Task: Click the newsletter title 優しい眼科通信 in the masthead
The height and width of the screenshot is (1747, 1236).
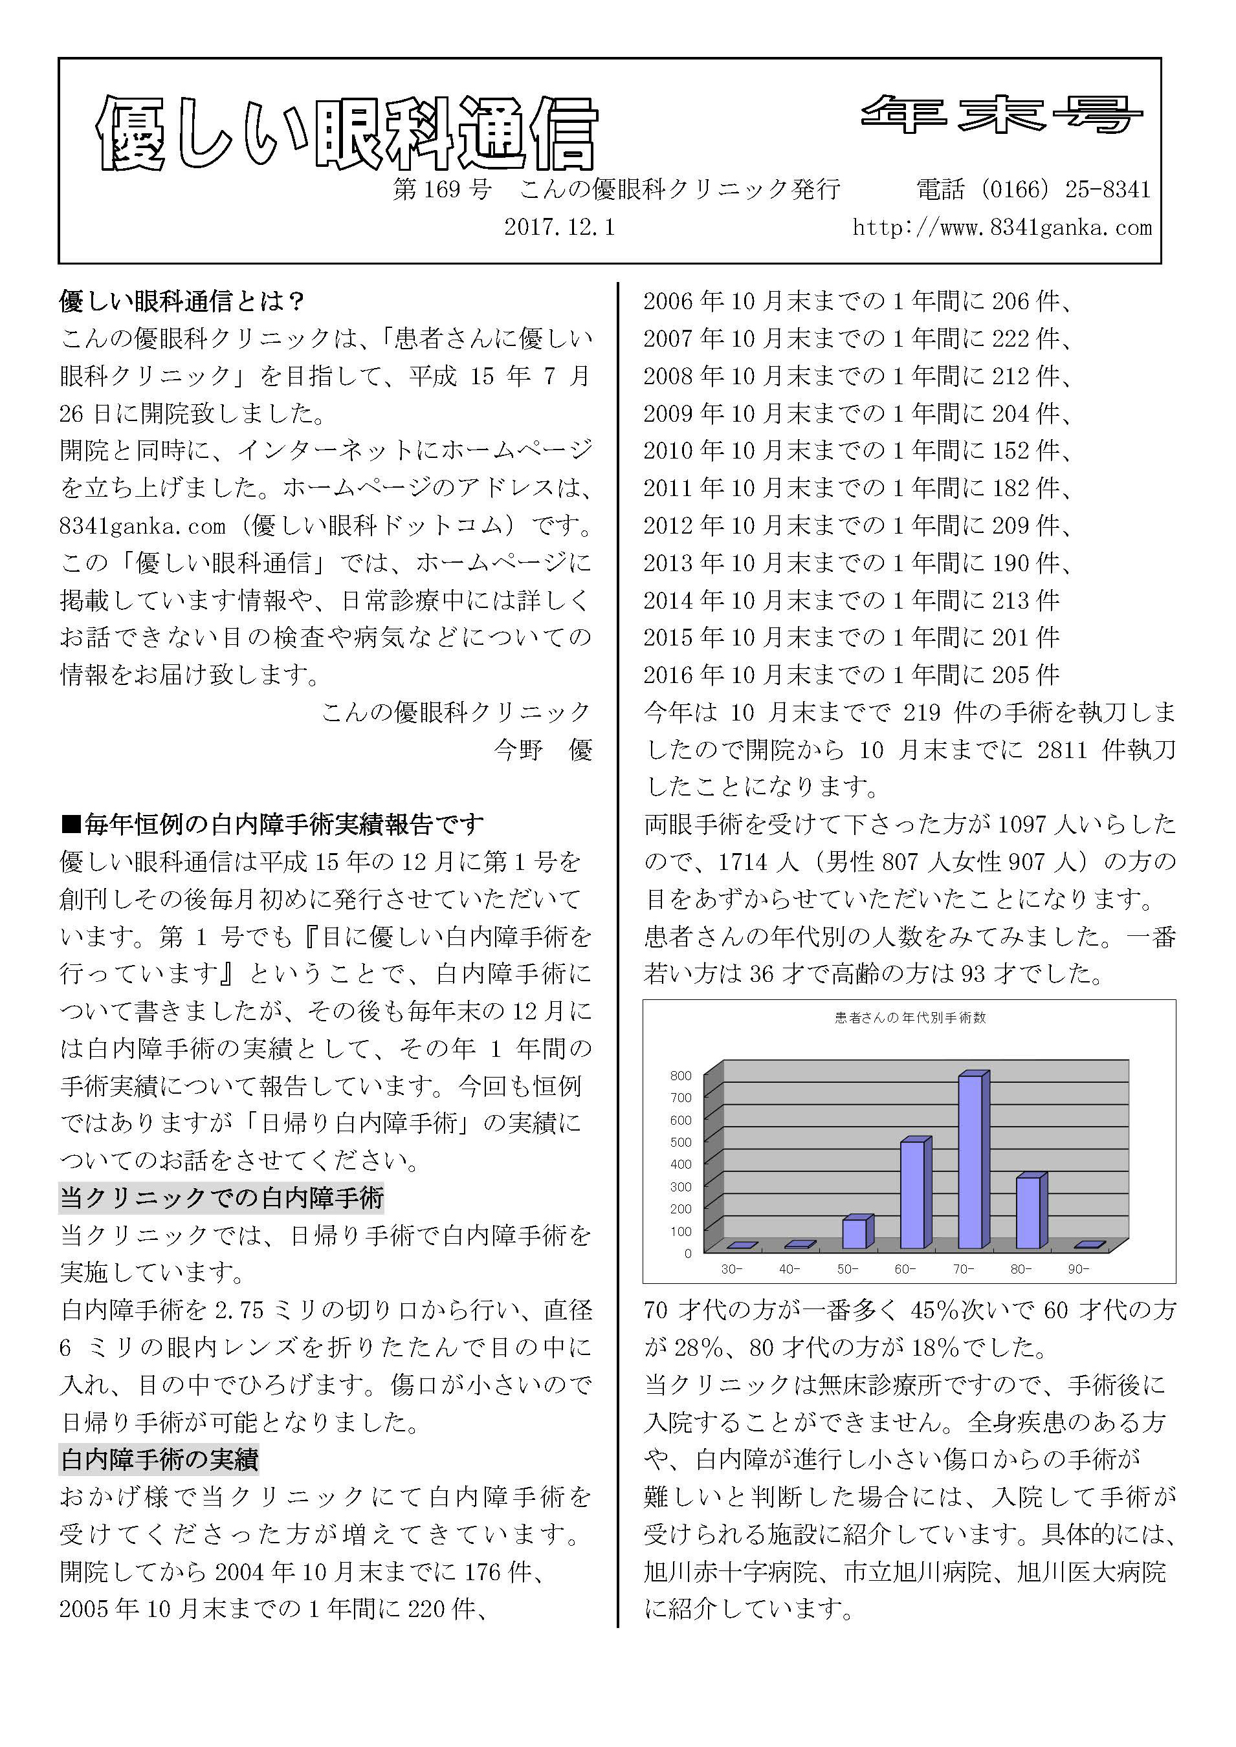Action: pyautogui.click(x=346, y=134)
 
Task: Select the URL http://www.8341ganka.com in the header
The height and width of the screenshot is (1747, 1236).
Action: pyautogui.click(x=1002, y=228)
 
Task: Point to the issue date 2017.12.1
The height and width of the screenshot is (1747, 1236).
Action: pyautogui.click(x=559, y=228)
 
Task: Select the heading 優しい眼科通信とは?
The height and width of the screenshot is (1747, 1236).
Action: pyautogui.click(x=182, y=301)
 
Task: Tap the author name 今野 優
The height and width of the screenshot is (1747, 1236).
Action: pyautogui.click(x=543, y=750)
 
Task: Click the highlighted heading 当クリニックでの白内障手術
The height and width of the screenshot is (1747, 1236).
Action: pyautogui.click(x=221, y=1199)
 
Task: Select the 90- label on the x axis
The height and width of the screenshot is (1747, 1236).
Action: pyautogui.click(x=1079, y=1269)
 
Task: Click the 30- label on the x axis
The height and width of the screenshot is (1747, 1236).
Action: pyautogui.click(x=731, y=1269)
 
